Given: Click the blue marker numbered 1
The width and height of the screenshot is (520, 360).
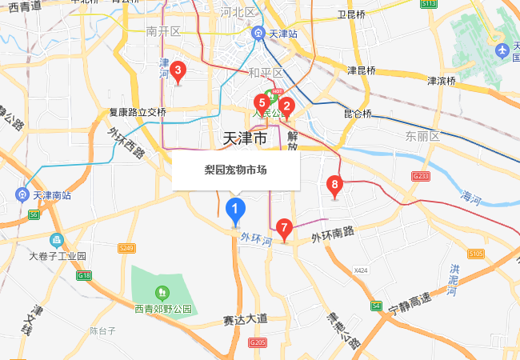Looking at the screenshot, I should pyautogui.click(x=235, y=210).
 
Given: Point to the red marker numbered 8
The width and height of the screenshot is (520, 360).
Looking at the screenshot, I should pyautogui.click(x=335, y=186).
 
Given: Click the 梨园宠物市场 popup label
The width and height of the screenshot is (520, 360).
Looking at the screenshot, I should pyautogui.click(x=235, y=170).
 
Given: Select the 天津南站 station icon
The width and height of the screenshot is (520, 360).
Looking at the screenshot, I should pyautogui.click(x=22, y=194).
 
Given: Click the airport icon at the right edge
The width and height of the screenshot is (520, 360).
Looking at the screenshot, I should pyautogui.click(x=502, y=52).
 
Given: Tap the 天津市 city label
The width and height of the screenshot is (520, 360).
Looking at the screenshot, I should pyautogui.click(x=242, y=138).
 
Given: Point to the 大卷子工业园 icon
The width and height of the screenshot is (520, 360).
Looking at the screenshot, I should pyautogui.click(x=56, y=240).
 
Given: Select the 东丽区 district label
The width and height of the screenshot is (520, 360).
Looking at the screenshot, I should pyautogui.click(x=422, y=136).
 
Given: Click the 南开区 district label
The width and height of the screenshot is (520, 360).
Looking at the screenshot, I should pyautogui.click(x=164, y=32).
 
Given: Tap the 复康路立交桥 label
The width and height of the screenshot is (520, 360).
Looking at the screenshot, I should pyautogui.click(x=138, y=113).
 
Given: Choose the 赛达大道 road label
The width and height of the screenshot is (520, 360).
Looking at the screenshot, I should pyautogui.click(x=245, y=319).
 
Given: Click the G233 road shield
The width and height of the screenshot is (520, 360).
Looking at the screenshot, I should pyautogui.click(x=422, y=176).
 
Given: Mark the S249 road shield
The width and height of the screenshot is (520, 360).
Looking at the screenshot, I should pyautogui.click(x=126, y=249).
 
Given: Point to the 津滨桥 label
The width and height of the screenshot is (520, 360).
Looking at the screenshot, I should pyautogui.click(x=441, y=81).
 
